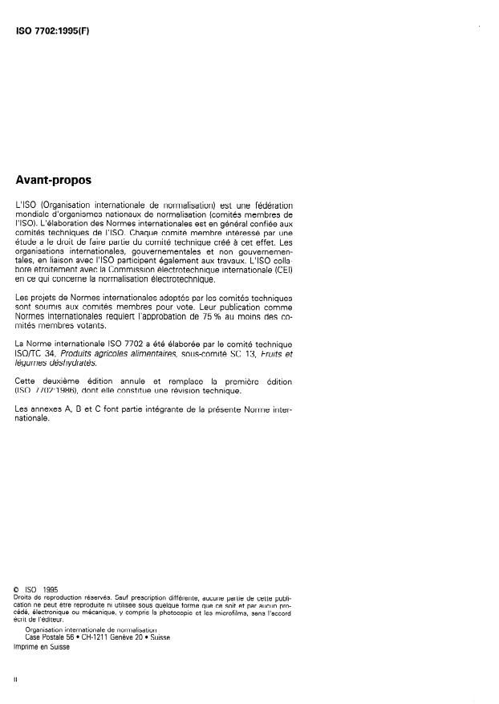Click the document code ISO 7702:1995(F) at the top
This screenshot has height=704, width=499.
(x=51, y=36)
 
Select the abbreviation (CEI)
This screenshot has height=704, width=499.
(x=282, y=271)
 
